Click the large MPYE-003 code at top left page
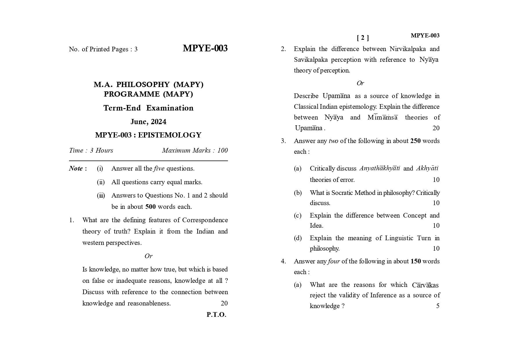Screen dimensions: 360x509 click(205, 48)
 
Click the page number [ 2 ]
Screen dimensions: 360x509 click(363, 38)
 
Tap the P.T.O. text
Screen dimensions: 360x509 click(216, 315)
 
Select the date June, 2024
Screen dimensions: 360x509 click(148, 122)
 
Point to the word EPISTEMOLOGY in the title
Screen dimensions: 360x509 click(169, 135)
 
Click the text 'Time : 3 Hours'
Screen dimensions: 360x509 click(91, 150)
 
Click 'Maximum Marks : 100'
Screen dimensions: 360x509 click(195, 150)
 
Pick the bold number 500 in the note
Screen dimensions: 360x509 click(150, 207)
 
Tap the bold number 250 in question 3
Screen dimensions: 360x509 click(415, 141)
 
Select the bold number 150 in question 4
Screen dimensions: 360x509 click(416, 261)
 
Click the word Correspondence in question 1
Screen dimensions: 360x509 click(205, 220)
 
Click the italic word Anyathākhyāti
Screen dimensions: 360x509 click(380, 169)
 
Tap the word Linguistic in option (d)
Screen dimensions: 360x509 click(399, 238)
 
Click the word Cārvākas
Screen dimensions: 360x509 click(425, 285)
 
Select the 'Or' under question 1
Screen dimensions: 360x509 click(148, 256)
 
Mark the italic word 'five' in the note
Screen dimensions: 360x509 click(159, 169)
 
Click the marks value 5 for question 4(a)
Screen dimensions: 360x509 click(438, 306)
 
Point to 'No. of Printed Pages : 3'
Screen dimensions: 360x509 click(103, 49)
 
